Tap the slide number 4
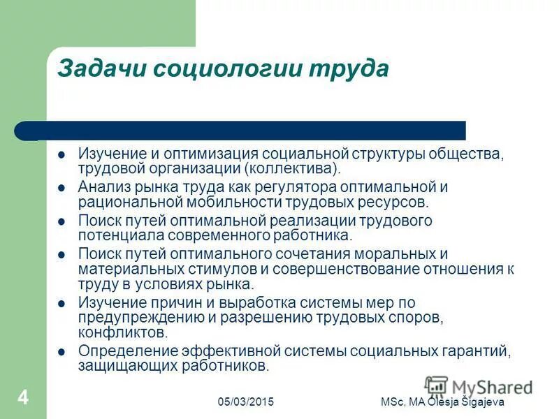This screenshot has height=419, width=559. [x=23, y=398]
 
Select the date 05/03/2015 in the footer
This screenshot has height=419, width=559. [x=245, y=402]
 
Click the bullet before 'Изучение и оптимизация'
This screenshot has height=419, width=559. [x=61, y=153]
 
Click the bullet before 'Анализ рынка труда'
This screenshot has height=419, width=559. [x=61, y=187]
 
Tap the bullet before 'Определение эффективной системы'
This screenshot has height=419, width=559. [x=61, y=351]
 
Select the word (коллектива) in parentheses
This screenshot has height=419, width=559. [x=293, y=168]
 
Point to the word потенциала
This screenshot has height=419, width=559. [x=115, y=236]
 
